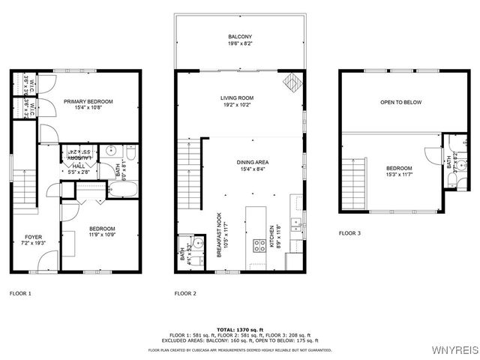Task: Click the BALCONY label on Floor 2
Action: pos(240,37)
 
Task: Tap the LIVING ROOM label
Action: pos(237,98)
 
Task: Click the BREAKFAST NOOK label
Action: pos(220,233)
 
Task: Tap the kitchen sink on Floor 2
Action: pos(297,222)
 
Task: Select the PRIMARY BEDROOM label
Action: pos(88,101)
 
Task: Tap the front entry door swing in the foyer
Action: pos(46,261)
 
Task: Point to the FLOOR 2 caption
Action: pos(184,293)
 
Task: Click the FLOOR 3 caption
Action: pos(349,233)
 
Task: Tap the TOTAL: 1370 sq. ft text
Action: pos(239,329)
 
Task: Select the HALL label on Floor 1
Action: pos(79,166)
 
